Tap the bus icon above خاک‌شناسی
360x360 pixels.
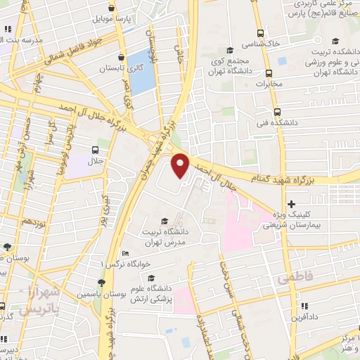click(x=261, y=33)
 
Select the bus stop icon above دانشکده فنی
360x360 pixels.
click(x=277, y=111)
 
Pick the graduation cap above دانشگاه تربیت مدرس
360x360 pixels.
click(x=165, y=221)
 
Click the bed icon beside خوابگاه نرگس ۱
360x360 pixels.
click(x=125, y=253)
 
